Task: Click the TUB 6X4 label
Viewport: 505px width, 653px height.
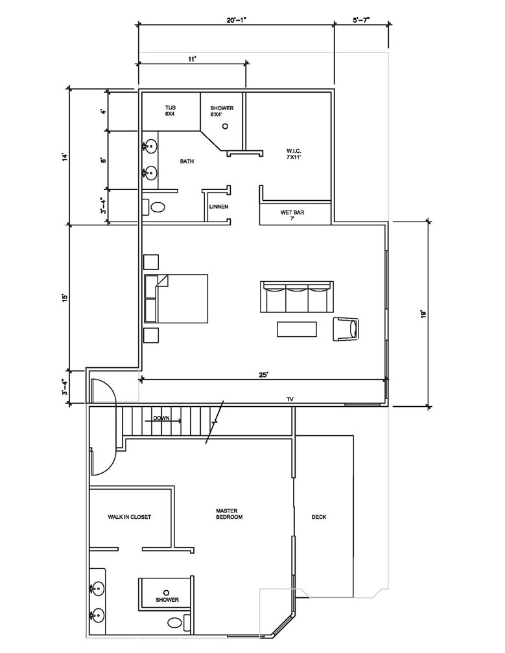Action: click(x=170, y=111)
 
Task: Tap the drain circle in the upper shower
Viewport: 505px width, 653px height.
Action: click(x=226, y=127)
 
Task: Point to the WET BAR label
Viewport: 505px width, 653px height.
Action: click(x=292, y=215)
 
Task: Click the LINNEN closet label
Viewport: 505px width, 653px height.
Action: click(x=217, y=207)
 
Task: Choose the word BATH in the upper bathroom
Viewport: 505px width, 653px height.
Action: click(x=187, y=161)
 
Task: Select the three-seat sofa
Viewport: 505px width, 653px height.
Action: click(x=296, y=297)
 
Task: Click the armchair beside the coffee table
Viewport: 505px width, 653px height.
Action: click(x=346, y=328)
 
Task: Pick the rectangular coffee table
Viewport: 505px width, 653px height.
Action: click(x=298, y=329)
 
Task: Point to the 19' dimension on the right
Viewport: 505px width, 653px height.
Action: click(x=423, y=314)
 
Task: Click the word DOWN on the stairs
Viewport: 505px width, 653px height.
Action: click(x=161, y=418)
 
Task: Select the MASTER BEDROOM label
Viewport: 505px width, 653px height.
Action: click(x=229, y=514)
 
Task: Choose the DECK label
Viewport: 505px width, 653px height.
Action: click(x=319, y=517)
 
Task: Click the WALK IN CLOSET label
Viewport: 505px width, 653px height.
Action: click(x=130, y=517)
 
